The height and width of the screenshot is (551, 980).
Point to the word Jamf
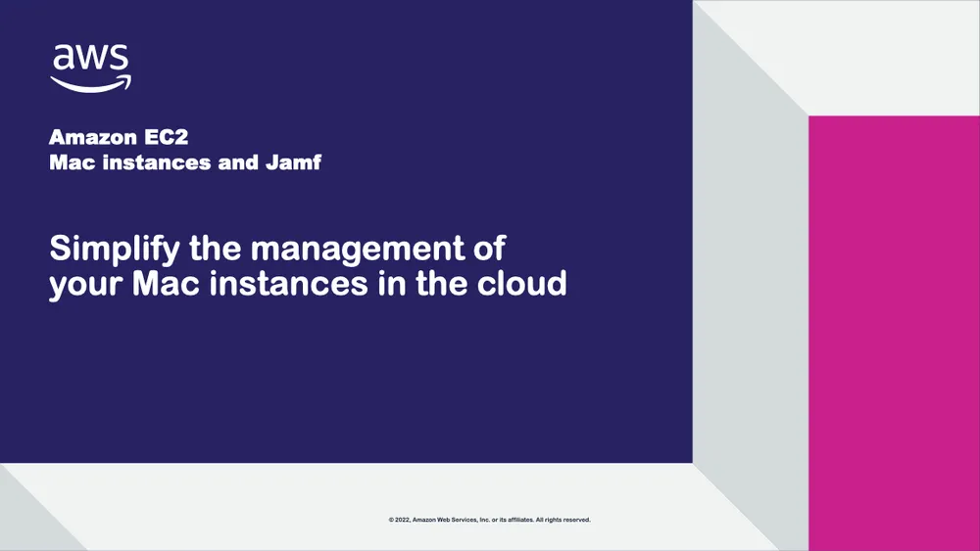click(293, 162)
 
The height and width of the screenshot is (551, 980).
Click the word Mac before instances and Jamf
click(72, 162)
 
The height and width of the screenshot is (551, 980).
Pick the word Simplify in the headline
click(115, 250)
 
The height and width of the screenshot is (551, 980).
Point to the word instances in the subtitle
click(155, 162)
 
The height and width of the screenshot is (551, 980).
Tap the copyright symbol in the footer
click(391, 520)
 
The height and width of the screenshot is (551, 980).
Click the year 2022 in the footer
click(402, 520)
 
